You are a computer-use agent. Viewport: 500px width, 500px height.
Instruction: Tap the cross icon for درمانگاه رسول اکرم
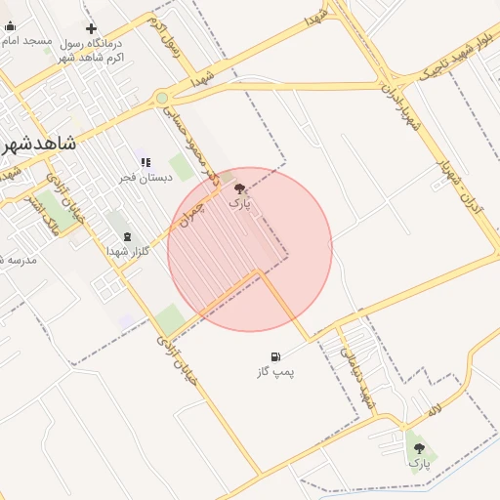[x=92, y=29]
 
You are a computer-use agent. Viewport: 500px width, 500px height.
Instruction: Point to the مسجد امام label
[x=26, y=43]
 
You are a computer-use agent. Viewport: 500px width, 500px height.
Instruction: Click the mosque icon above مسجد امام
[x=9, y=28]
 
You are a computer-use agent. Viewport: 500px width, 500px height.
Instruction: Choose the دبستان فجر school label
[x=146, y=177]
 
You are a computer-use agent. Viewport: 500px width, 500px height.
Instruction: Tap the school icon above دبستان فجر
[x=146, y=162]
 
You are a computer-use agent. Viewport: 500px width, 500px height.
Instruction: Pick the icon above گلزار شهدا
[x=126, y=236]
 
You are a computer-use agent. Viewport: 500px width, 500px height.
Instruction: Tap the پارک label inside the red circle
[x=239, y=204]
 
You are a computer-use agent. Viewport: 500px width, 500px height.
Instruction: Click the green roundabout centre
[x=162, y=98]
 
